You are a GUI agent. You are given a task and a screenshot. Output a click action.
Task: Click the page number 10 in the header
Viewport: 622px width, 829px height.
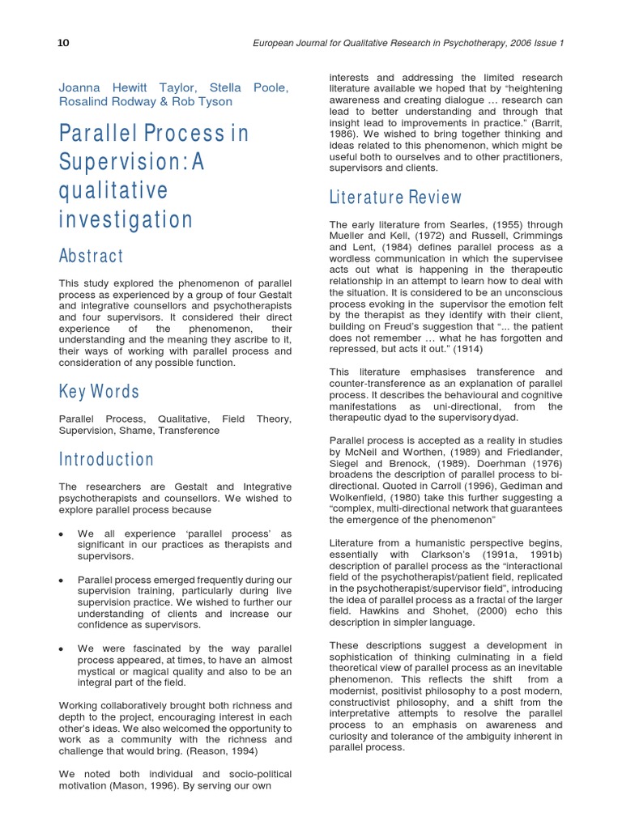[x=62, y=43]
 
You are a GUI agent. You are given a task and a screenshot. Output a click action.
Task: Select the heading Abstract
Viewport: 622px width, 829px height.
[x=92, y=256]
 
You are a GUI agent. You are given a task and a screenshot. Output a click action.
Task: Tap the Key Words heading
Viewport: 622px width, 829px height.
[x=100, y=392]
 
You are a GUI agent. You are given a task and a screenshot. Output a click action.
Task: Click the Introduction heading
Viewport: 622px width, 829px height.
[x=106, y=460]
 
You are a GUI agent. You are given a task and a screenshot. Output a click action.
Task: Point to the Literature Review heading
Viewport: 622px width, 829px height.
[x=395, y=198]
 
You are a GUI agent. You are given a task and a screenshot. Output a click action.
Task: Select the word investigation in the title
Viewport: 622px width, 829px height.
[x=126, y=219]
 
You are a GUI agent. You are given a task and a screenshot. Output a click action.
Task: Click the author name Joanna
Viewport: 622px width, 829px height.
[x=83, y=87]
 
